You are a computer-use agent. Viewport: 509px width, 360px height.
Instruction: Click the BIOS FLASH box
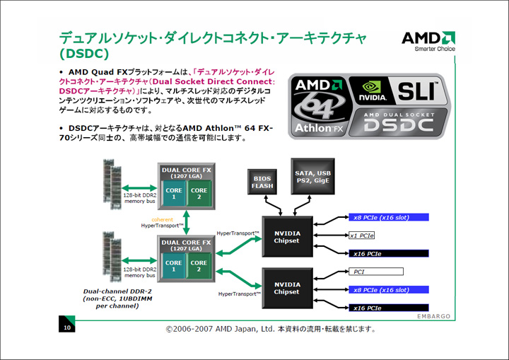262,182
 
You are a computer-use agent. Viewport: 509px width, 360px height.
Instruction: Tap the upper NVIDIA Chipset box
286,236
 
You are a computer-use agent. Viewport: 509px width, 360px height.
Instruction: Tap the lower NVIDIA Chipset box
286,287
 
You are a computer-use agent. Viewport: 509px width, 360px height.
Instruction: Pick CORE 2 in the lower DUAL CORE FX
199,267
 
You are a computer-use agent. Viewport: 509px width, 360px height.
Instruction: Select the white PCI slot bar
376,271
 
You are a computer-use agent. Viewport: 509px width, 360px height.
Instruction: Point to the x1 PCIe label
362,235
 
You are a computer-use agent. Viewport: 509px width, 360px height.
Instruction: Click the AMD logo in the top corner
428,39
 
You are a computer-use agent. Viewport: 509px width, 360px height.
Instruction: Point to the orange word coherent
162,220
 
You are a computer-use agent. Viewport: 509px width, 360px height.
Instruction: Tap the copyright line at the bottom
271,329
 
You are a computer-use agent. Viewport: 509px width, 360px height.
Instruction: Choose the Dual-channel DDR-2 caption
110,291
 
